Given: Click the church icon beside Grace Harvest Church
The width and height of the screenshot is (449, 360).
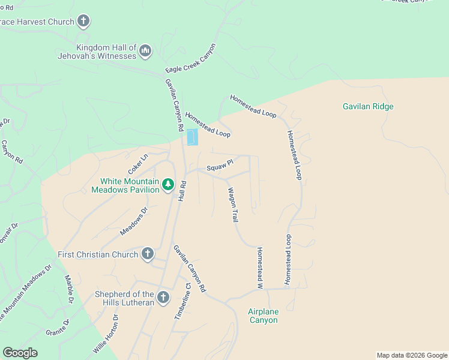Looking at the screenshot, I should (x=83, y=22).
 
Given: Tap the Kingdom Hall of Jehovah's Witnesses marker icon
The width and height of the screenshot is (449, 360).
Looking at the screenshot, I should (x=145, y=52).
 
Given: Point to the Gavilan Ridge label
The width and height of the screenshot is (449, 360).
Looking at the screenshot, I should (x=368, y=107).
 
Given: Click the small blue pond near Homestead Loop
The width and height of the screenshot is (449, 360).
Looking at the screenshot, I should (x=192, y=137).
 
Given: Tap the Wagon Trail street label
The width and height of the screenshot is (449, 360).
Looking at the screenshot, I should (x=232, y=206).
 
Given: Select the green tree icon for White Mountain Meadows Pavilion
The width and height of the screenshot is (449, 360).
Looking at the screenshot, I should (x=169, y=185).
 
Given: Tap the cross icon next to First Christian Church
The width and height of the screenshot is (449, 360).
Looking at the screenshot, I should (x=148, y=254).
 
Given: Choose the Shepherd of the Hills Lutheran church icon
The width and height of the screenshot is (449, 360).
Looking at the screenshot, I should (x=163, y=298).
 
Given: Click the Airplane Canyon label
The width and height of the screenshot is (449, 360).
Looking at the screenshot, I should (x=264, y=316).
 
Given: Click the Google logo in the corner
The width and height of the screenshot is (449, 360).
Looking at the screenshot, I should (x=20, y=352).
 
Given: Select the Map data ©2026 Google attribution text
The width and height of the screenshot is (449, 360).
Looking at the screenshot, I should (x=411, y=355).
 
